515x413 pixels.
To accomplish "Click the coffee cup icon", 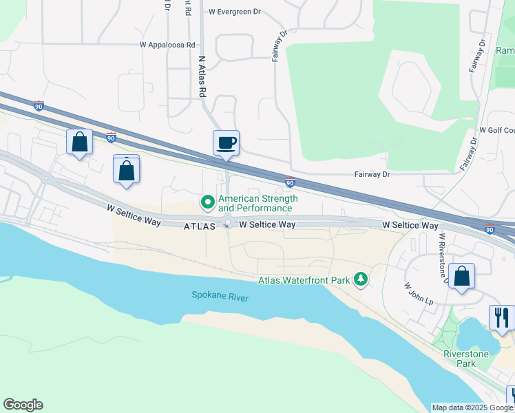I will pos(226,143).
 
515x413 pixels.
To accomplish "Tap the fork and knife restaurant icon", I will pos(501,317).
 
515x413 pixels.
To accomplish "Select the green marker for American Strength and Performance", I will pos(207,202).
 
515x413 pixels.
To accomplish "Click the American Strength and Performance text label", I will pos(258,203).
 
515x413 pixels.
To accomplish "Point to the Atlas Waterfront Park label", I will pos(304,280).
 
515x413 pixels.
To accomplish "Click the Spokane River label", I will pos(220,297).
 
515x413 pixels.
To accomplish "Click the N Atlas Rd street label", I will pos(202,76).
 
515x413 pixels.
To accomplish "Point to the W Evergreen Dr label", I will pos(236,12).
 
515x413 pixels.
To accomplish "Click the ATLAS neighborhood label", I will pos(200,226).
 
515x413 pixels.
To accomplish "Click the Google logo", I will pos(23,405).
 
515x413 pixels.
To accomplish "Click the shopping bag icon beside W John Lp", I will pos(462,276).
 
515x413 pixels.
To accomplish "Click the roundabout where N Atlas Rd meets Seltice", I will pos(228,224).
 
